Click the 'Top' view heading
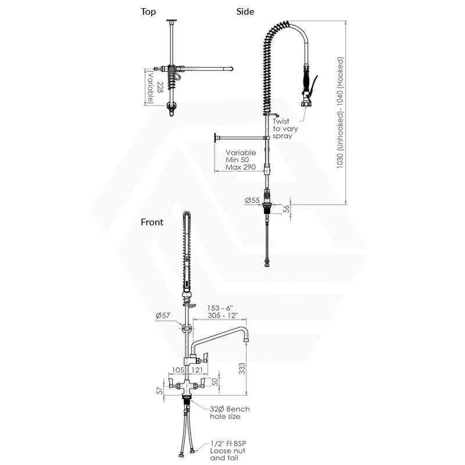click(x=148, y=12)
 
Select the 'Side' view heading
click(x=245, y=12)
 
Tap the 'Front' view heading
click(x=152, y=222)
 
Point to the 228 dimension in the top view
click(x=159, y=87)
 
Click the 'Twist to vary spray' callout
click(x=285, y=128)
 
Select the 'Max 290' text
click(x=241, y=167)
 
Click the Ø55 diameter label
click(x=252, y=201)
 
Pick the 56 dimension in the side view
click(x=286, y=209)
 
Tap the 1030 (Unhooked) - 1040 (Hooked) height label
click(x=340, y=113)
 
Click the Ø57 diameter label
click(x=163, y=316)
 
